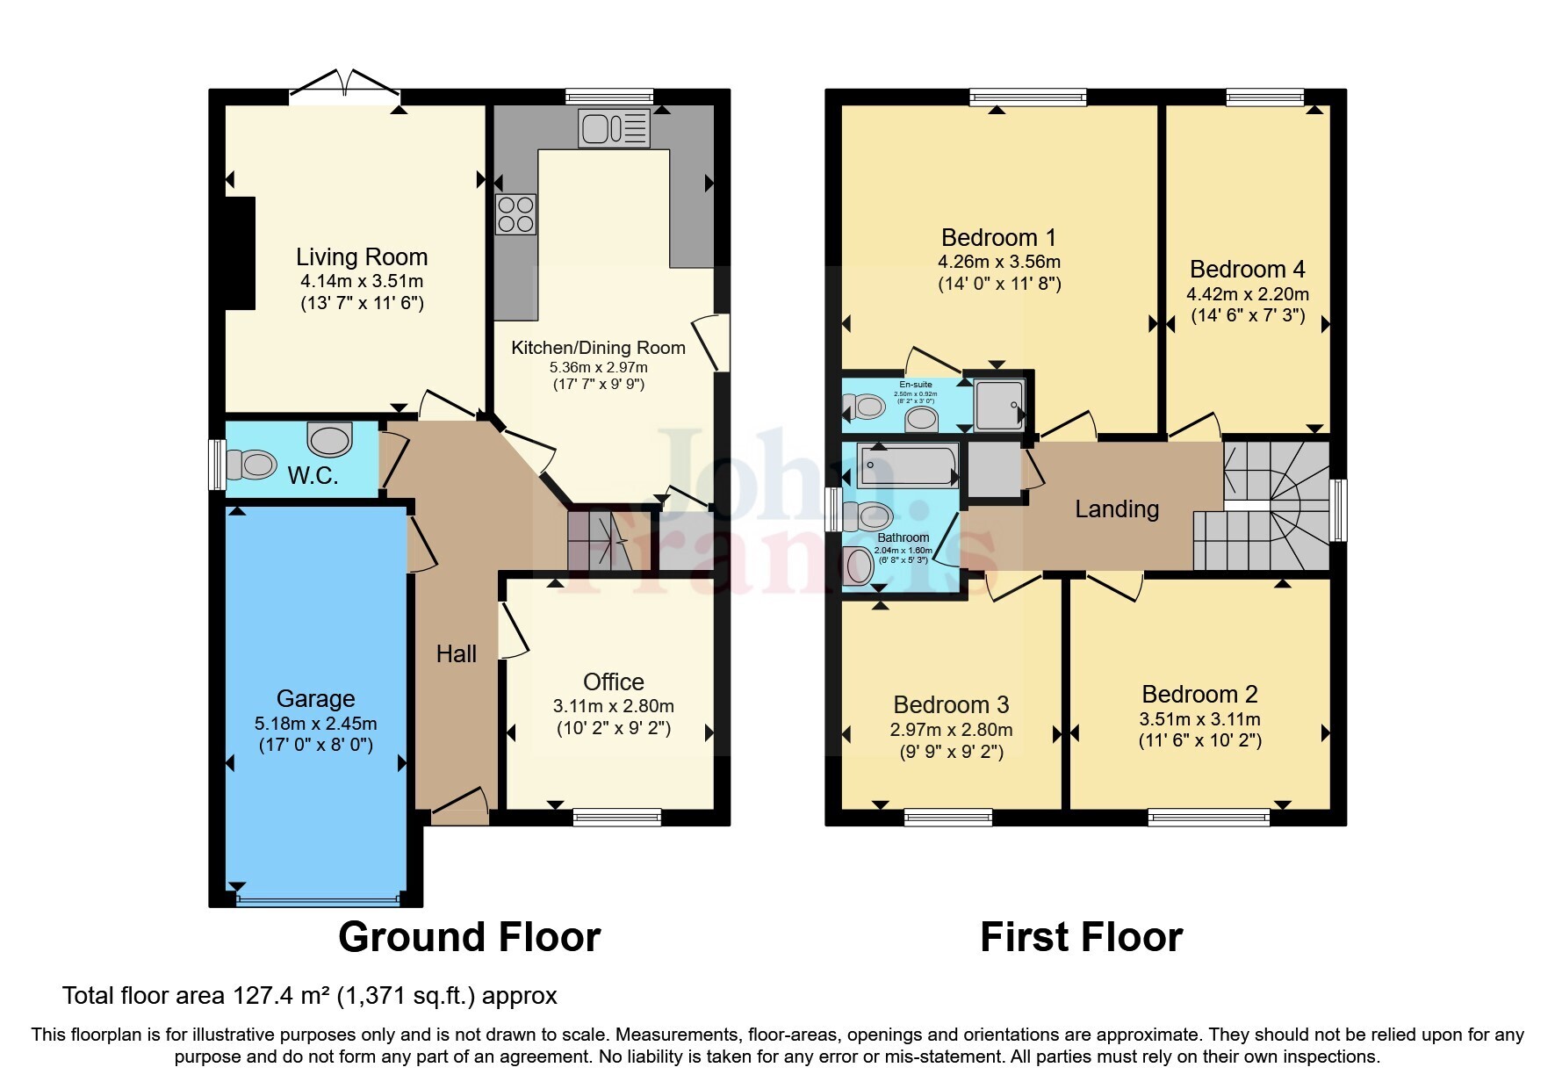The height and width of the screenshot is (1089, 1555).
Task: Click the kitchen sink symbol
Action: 614,128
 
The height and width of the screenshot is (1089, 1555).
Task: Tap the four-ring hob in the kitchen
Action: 515,214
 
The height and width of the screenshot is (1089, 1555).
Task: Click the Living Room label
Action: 362,257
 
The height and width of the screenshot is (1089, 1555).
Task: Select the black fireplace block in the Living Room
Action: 240,253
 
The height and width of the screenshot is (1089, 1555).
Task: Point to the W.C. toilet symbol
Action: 252,464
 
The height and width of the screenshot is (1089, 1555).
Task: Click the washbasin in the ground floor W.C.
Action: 330,438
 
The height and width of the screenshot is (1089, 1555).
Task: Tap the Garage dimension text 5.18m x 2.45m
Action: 315,724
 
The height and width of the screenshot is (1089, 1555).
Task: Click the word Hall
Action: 456,653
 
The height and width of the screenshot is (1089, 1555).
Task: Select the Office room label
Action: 613,682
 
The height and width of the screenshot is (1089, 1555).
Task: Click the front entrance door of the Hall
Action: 460,807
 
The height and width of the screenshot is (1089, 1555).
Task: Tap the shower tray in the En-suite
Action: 999,405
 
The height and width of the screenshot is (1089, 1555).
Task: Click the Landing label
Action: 1117,508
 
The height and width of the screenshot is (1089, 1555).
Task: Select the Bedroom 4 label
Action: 1247,269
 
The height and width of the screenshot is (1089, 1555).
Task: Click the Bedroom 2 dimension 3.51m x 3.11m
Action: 1199,719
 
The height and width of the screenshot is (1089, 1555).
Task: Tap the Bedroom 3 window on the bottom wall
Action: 948,817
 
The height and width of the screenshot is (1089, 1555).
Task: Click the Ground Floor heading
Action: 469,937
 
